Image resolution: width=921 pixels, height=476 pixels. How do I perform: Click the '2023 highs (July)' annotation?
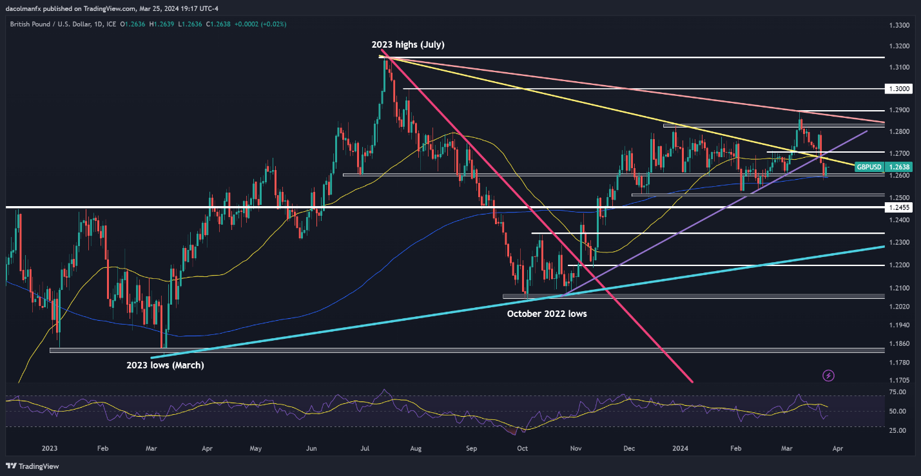point(407,45)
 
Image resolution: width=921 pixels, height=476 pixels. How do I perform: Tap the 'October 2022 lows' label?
point(547,314)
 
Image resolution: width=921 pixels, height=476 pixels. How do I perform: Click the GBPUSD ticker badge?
point(869,167)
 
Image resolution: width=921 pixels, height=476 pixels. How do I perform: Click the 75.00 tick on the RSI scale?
point(898,391)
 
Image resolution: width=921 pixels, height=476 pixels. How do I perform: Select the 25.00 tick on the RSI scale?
point(898,430)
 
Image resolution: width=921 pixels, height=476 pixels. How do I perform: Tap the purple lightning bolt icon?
point(829,375)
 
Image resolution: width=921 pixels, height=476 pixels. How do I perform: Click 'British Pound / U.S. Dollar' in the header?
point(53,24)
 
